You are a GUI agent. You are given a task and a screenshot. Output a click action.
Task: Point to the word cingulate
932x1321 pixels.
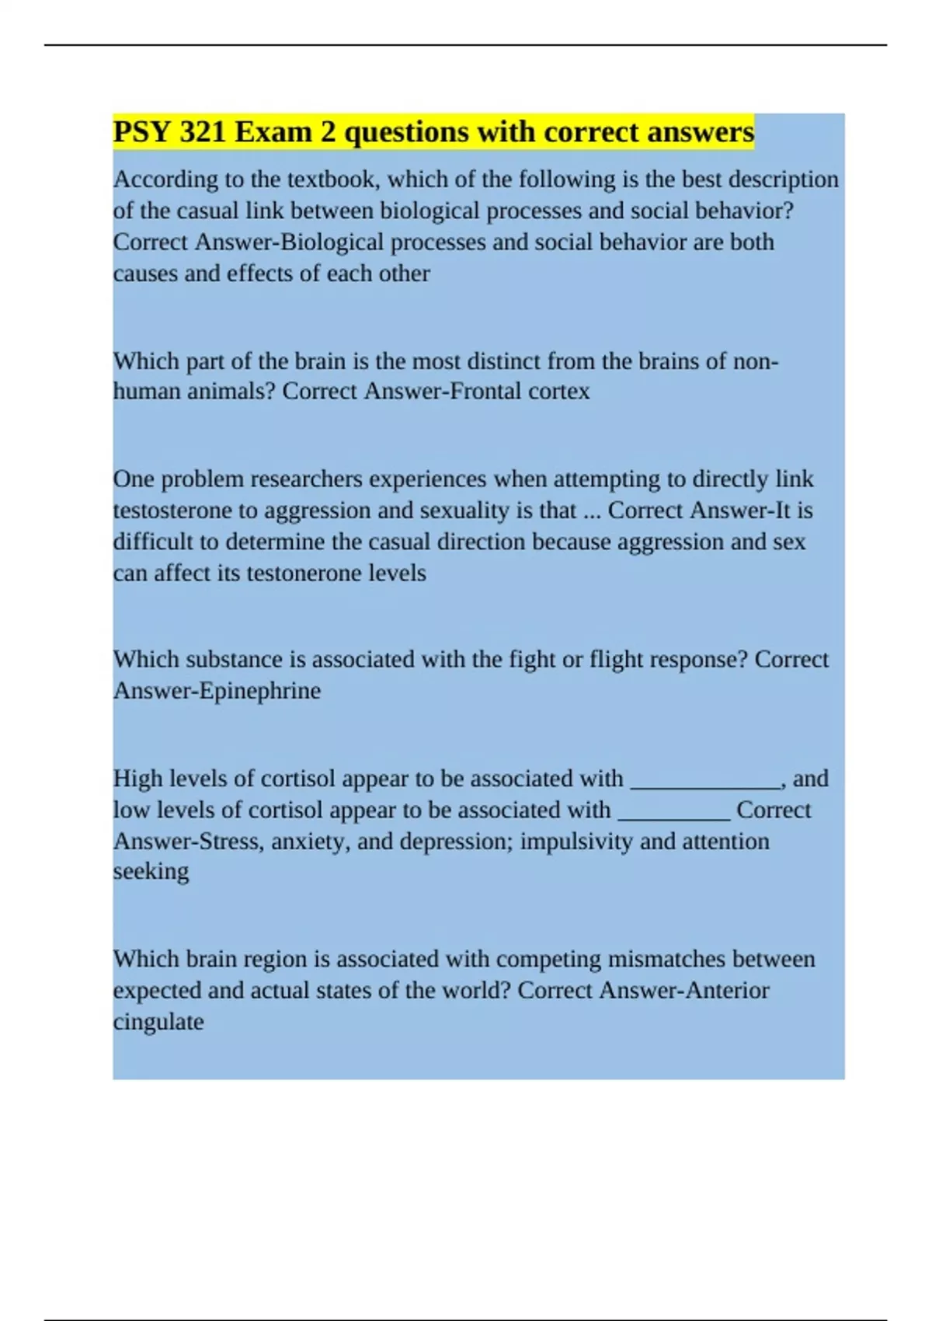click(x=158, y=1021)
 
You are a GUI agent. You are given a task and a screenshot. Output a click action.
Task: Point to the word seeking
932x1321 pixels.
click(x=151, y=872)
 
